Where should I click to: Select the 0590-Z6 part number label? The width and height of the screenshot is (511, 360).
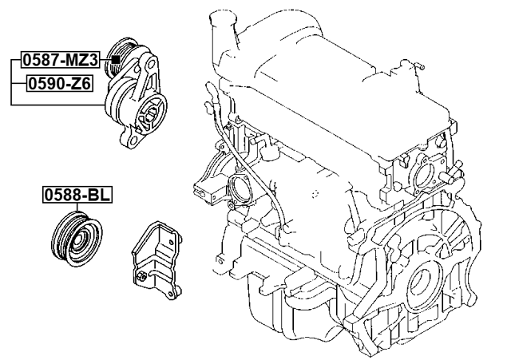pyautogui.click(x=60, y=82)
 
